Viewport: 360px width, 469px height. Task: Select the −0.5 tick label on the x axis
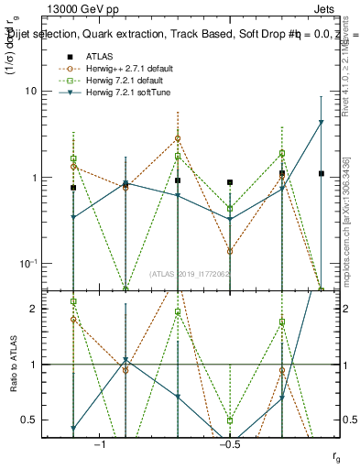[x=230, y=444]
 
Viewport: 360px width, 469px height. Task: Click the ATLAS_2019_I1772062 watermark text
[x=190, y=274]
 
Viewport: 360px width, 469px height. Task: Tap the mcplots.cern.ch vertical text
[x=346, y=220]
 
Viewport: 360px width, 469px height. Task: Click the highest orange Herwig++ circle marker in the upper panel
[x=178, y=138]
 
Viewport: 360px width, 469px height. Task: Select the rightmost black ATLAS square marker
[x=322, y=173]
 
